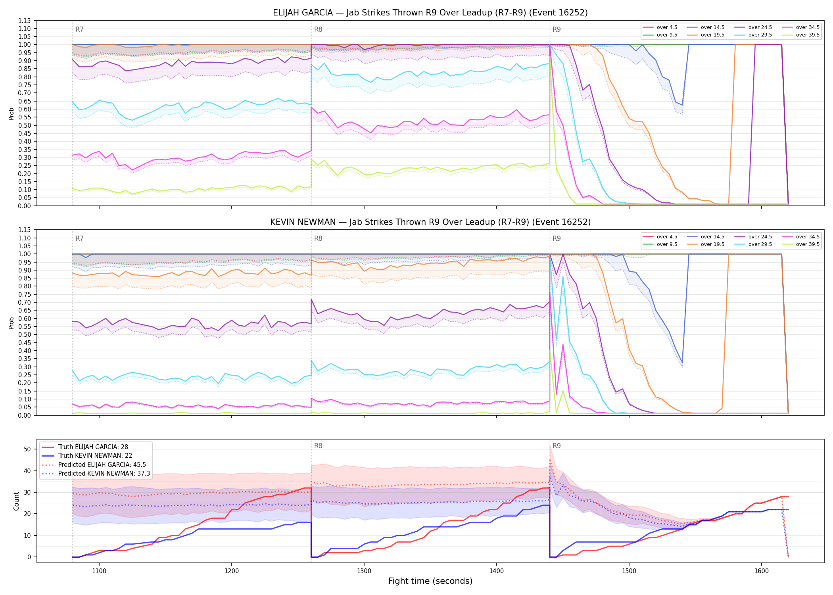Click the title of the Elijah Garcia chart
tap(430, 13)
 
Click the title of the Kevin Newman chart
tap(430, 222)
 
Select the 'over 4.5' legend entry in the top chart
tap(660, 27)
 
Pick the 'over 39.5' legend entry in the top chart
tap(801, 35)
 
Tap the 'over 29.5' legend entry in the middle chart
tap(753, 244)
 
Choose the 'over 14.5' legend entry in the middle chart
tap(706, 237)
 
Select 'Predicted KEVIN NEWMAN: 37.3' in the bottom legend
tap(96, 473)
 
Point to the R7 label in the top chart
tap(79, 29)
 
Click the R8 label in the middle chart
tap(318, 238)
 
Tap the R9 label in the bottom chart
tap(557, 446)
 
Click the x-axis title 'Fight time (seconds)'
tap(430, 581)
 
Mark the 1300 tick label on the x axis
tap(364, 571)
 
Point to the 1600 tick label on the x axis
tap(761, 571)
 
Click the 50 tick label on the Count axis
tap(27, 449)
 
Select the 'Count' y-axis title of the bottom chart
tap(16, 501)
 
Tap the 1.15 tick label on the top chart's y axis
tap(25, 21)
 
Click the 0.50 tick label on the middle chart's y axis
tap(25, 335)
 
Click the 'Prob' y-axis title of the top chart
tap(12, 113)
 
